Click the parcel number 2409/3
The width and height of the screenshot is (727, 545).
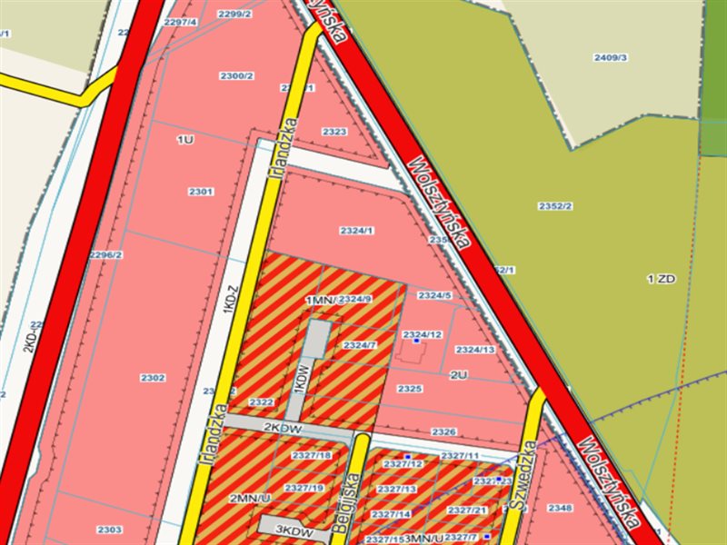click(x=612, y=57)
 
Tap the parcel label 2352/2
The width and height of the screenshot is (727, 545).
click(x=555, y=206)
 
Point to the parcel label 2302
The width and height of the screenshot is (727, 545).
click(x=154, y=377)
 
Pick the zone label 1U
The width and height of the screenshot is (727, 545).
click(x=185, y=139)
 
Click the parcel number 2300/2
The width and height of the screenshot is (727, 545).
click(x=236, y=75)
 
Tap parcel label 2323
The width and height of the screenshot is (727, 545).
click(x=334, y=132)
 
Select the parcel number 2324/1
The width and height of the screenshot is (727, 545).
click(x=357, y=231)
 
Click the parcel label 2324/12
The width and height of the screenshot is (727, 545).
click(x=423, y=334)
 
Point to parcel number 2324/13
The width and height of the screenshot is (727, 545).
click(x=475, y=350)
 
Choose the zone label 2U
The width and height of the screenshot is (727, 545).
click(x=458, y=374)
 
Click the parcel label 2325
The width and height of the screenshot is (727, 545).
click(x=411, y=389)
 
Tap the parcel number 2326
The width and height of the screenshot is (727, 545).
click(x=443, y=431)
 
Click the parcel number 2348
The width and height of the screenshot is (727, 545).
click(x=561, y=508)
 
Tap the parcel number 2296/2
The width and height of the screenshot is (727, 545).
click(x=106, y=254)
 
